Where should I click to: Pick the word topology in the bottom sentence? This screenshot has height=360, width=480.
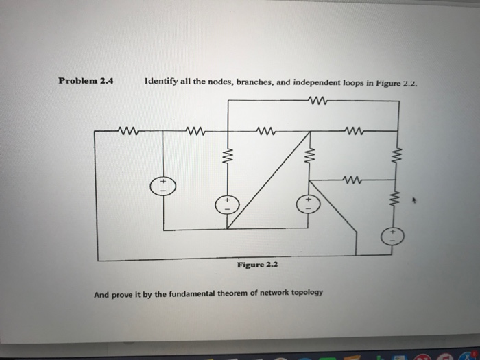click(x=300, y=293)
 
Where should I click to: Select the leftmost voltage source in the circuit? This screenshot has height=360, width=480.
click(x=163, y=186)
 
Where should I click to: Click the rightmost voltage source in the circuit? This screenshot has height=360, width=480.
click(x=392, y=237)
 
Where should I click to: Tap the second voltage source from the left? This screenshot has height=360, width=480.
click(x=228, y=204)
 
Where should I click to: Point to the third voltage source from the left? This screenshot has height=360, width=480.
click(x=307, y=204)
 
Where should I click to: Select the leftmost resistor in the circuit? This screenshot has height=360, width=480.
click(x=128, y=130)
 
